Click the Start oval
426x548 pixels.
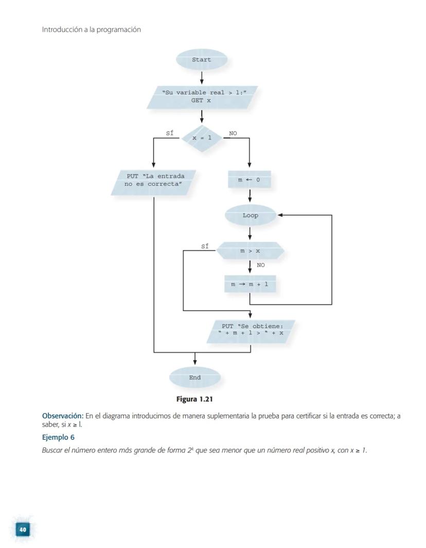pos(201,60)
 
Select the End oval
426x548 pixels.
pos(194,378)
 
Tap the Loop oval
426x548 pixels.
pos(251,215)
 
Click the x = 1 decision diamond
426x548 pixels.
pos(202,138)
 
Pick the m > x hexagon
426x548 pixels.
pos(250,251)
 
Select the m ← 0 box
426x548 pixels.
pos(250,180)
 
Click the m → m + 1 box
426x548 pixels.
pos(250,284)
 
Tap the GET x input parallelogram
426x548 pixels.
pos(201,97)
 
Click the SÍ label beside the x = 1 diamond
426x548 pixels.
pos(169,133)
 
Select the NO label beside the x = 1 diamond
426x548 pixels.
pos(233,133)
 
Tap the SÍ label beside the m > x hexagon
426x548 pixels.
pos(205,247)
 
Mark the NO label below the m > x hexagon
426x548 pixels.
pos(261,266)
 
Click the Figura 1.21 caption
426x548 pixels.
pos(194,399)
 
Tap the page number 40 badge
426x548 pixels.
pos(22,529)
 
